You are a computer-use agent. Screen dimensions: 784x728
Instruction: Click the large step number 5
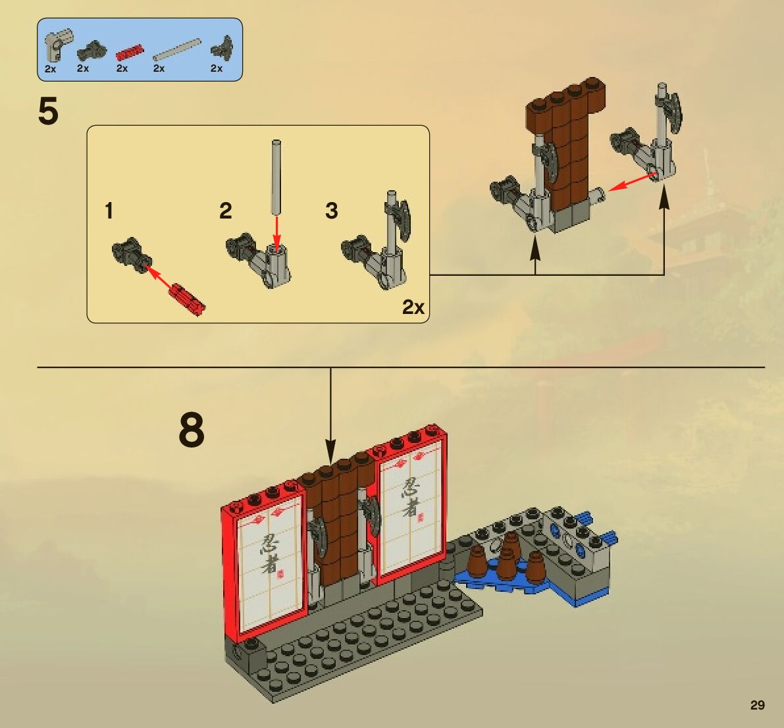coord(48,111)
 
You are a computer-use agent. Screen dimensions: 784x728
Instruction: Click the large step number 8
coord(192,429)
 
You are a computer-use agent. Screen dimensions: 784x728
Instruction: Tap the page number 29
coord(758,705)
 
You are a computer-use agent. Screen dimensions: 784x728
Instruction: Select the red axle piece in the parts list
coord(130,53)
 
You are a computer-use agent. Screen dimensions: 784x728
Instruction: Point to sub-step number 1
coord(109,211)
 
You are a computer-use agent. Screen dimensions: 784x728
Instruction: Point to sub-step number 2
coord(226,211)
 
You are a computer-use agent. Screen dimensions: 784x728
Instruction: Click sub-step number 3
coord(332,211)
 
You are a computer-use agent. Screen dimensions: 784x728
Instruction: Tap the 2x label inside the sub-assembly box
coord(413,307)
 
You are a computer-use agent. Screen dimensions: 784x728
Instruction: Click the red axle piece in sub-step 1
coord(187,298)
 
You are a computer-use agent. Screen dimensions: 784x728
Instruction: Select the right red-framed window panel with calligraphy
coord(407,505)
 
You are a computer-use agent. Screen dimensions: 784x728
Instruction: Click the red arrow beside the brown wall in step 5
coord(633,182)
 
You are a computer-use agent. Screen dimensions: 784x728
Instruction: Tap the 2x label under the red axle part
coord(122,68)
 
